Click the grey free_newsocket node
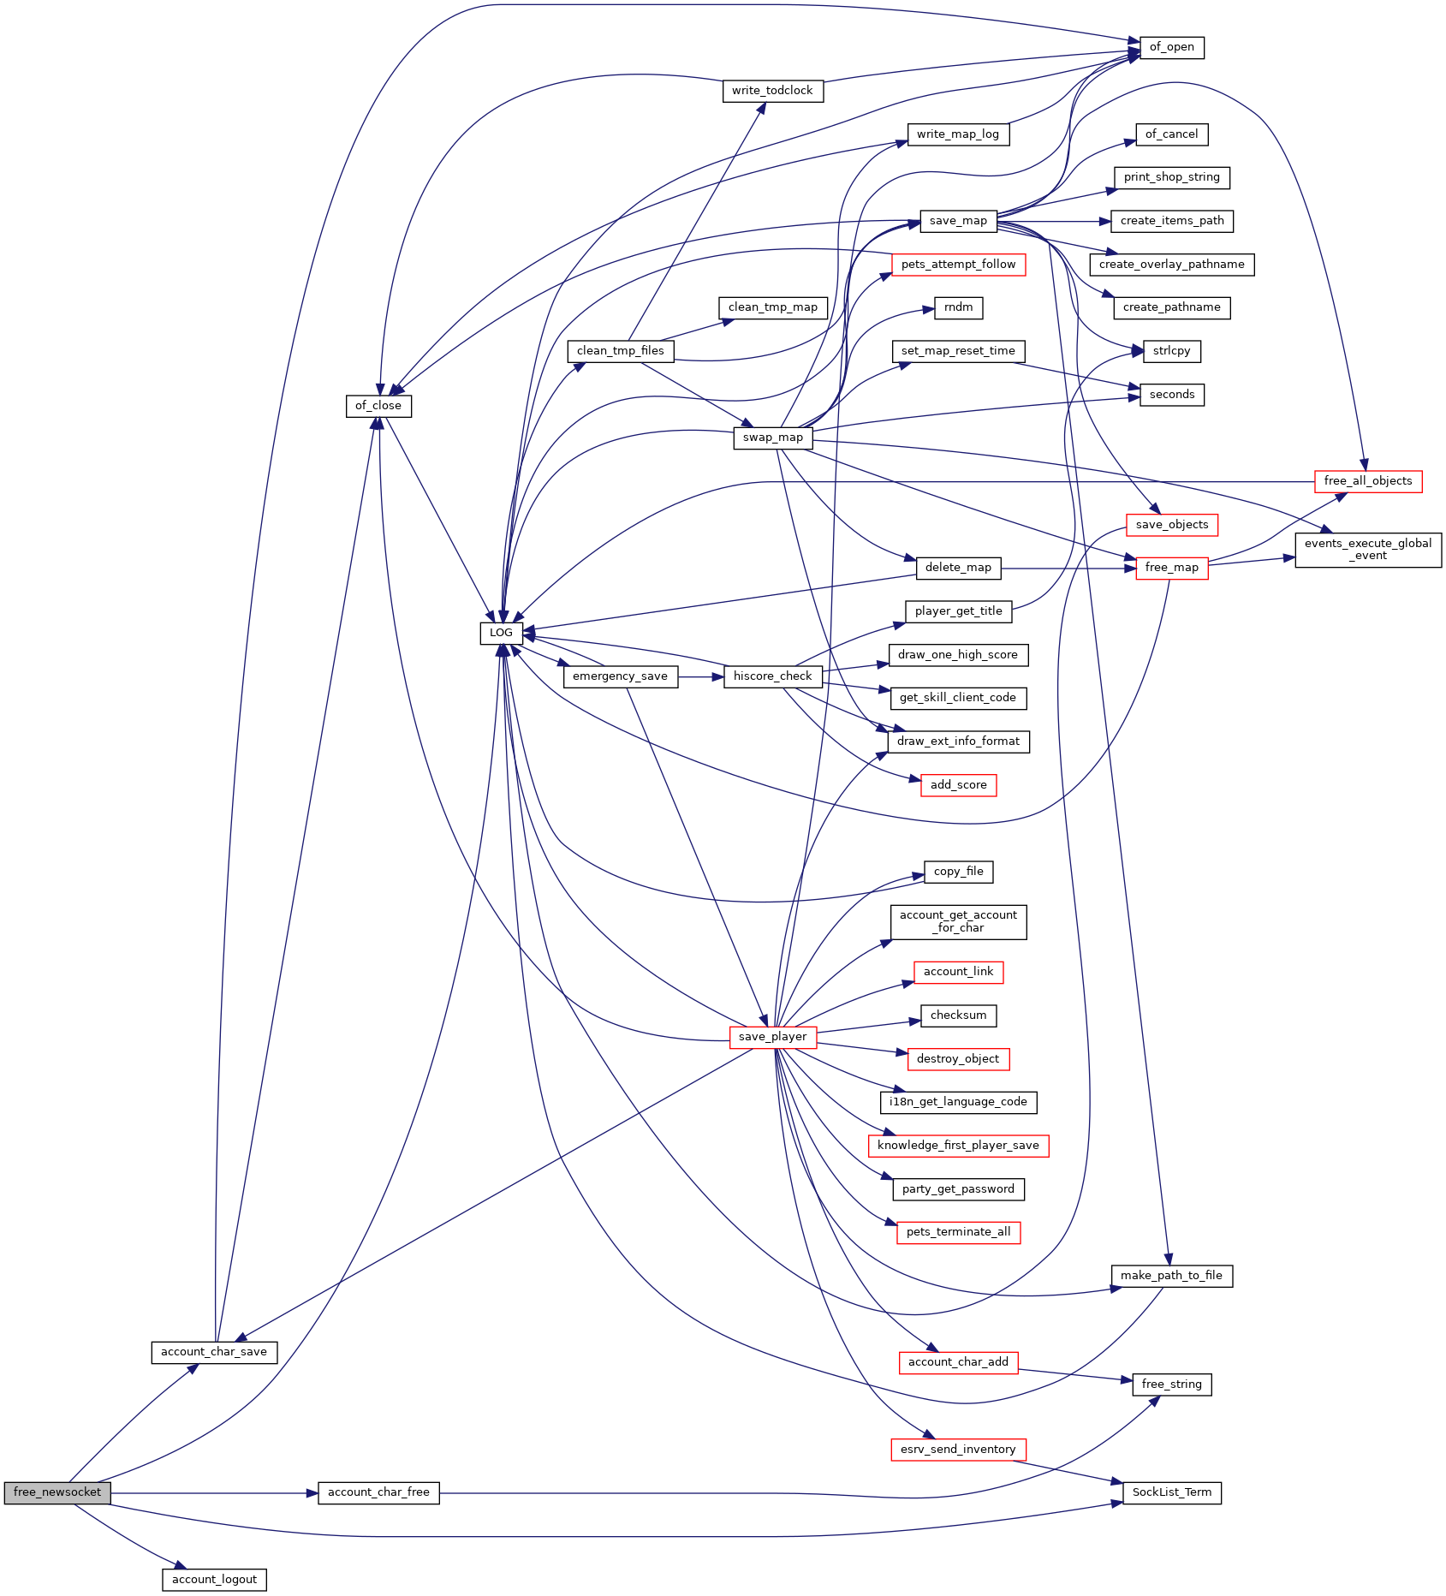57,1492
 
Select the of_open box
1171,48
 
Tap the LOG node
501,634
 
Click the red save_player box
772,1037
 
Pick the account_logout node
214,1580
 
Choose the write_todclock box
772,91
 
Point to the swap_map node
772,438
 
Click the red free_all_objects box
1368,481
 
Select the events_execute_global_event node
1368,550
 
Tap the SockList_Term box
1171,1492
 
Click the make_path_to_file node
1171,1276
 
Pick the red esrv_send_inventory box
958,1450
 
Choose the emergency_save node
620,676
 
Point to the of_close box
378,406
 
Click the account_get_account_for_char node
958,922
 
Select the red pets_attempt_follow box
958,265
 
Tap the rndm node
958,308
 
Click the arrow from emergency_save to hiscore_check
700,676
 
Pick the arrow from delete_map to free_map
1068,568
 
